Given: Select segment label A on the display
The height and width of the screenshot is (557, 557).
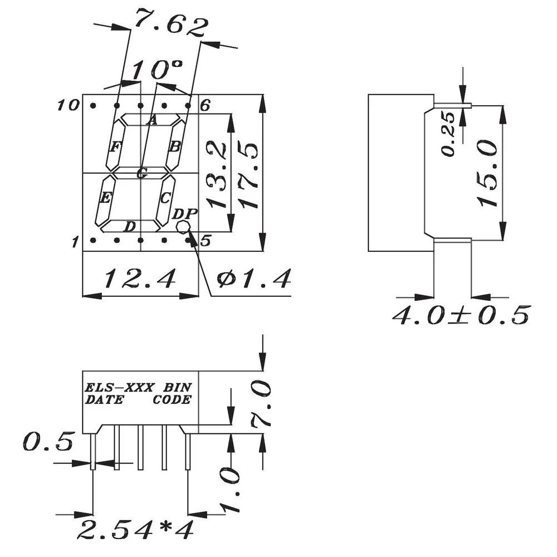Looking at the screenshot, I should (152, 119).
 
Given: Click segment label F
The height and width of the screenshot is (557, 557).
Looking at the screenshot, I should (115, 147).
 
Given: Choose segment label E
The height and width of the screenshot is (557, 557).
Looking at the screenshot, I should (105, 197).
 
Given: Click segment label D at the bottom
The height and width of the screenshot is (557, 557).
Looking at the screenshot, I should (129, 226).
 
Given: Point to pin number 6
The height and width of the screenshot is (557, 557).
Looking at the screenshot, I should (204, 105).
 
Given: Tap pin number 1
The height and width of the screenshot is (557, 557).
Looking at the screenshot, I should (74, 242).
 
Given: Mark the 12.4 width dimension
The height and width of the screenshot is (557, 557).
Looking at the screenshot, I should (140, 277).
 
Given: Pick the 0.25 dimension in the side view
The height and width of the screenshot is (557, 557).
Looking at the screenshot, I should (449, 134).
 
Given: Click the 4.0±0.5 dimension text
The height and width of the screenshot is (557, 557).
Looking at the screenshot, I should (460, 316).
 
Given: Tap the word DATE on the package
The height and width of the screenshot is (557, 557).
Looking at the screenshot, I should (104, 400).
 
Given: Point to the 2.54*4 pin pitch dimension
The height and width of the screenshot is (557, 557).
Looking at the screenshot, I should (137, 530).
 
